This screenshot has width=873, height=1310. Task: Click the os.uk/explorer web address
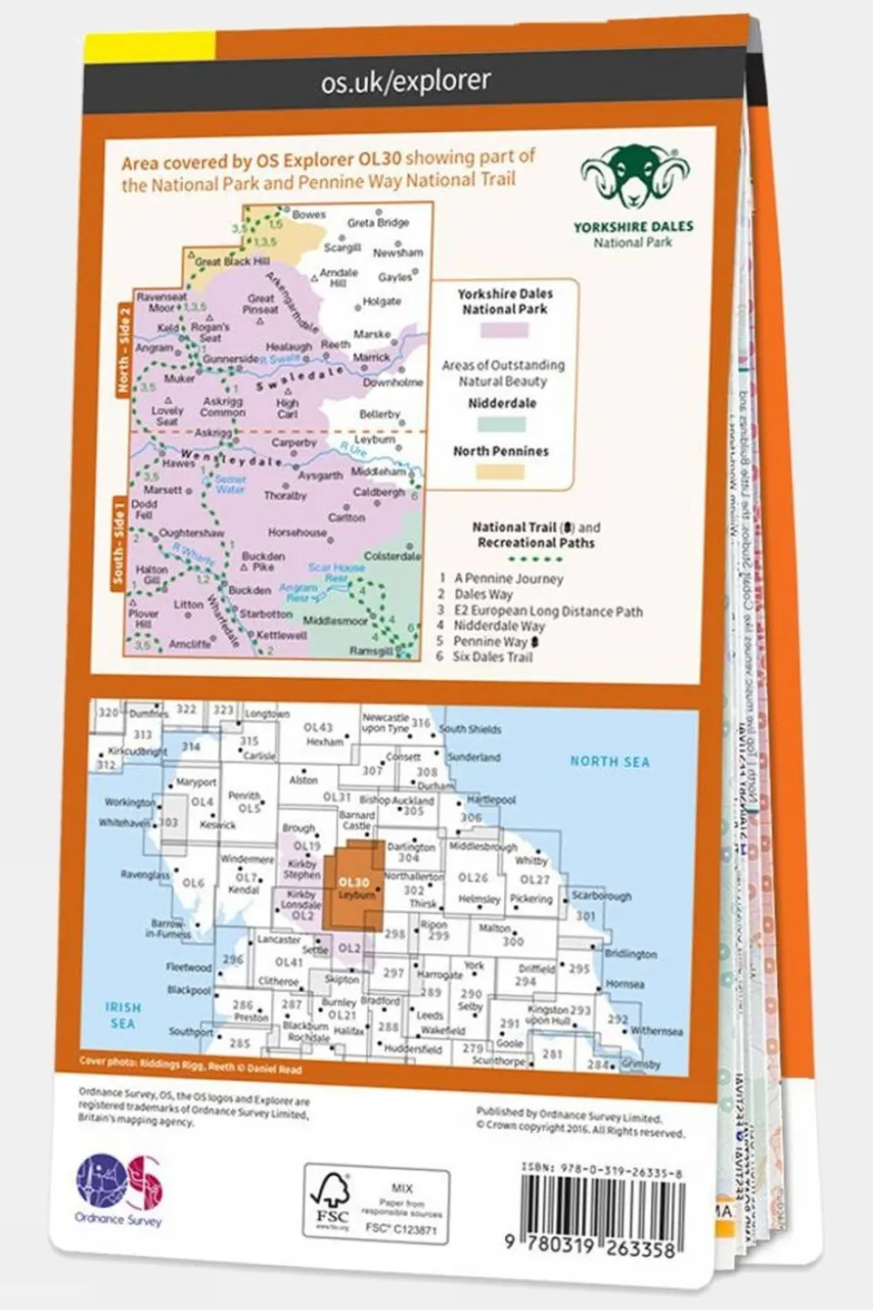pos(405,82)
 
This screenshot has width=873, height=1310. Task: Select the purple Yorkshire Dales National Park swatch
pos(506,330)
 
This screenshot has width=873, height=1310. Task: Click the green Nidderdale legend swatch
pos(502,423)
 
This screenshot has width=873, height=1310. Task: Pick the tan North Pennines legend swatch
pos(502,471)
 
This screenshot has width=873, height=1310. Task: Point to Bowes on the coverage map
pos(309,215)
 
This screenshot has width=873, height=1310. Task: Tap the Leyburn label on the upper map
pos(374,439)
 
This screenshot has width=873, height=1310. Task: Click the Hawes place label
pos(178,463)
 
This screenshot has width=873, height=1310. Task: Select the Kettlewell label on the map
pos(281,635)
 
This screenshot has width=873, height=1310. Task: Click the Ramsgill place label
pos(371,651)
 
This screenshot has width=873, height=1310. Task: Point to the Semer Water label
pos(230,484)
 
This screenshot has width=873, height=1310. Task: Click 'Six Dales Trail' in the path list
pos(492,657)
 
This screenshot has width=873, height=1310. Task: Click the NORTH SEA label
pos(609,762)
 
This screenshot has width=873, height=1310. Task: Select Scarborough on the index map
pos(601,896)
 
